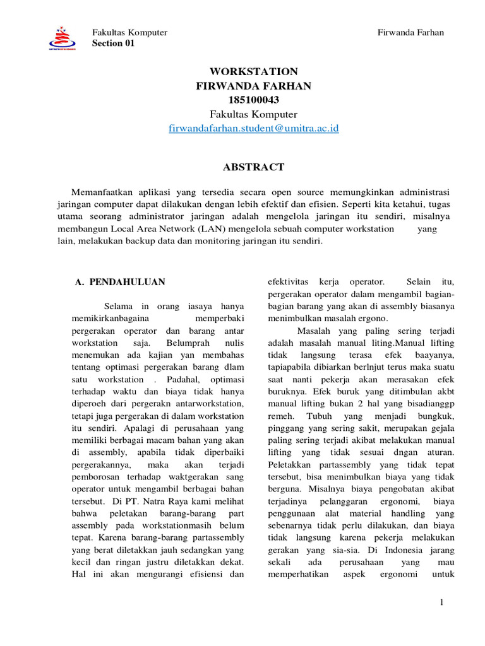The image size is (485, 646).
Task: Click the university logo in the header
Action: click(x=62, y=38)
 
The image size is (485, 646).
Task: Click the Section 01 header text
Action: click(x=114, y=44)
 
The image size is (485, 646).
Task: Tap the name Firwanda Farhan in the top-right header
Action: click(x=410, y=32)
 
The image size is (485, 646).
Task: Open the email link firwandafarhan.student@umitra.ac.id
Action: click(x=254, y=128)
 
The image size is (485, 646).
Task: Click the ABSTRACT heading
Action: click(x=253, y=167)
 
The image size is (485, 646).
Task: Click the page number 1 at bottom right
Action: click(x=442, y=604)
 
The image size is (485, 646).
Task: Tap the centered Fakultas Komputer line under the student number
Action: click(x=253, y=114)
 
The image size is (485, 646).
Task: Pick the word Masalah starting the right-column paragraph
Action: click(x=314, y=331)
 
